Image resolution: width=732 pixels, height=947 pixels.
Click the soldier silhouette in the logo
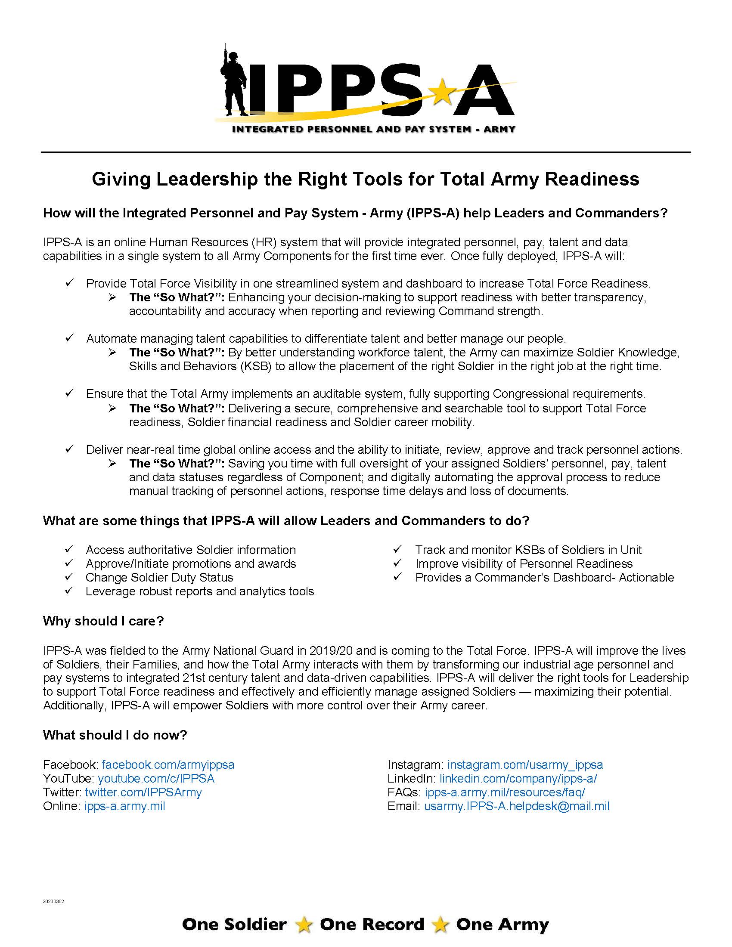pos(235,82)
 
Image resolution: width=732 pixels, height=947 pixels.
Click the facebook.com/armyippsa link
pos(168,764)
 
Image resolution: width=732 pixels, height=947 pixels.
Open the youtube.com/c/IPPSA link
pos(156,778)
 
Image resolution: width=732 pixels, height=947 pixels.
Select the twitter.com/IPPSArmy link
pos(143,792)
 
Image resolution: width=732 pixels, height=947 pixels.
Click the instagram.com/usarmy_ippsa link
pos(525,764)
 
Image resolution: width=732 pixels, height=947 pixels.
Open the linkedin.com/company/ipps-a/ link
pos(518,778)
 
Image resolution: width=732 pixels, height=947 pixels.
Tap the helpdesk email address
pos(516,806)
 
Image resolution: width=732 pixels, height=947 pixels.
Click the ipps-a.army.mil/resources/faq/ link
pos(505,792)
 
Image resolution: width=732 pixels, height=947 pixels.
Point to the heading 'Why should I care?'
pos(103,621)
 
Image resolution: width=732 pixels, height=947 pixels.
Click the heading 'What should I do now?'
pos(115,735)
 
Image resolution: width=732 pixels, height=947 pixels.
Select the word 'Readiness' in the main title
pos(592,179)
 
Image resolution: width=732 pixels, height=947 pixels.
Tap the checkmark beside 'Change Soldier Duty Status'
pos(69,577)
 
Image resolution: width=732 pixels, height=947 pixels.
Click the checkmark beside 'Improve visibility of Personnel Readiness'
pos(398,563)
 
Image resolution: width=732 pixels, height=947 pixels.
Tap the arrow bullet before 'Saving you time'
pos(112,464)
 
